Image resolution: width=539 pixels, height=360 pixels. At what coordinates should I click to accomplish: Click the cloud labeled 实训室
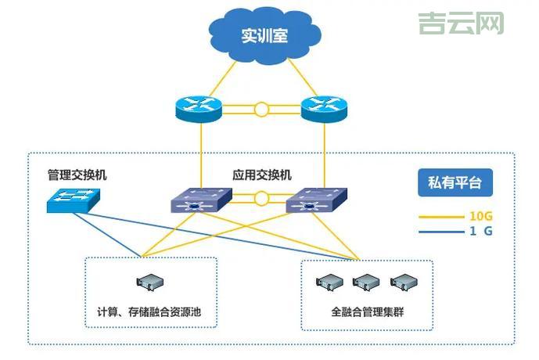click(264, 37)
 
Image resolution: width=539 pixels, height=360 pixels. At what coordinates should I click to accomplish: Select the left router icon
click(199, 109)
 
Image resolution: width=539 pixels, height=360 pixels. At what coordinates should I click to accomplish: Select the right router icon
click(322, 109)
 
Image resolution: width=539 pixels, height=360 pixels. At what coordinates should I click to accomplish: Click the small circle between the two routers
click(261, 110)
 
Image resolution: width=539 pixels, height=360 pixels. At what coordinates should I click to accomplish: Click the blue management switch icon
click(74, 201)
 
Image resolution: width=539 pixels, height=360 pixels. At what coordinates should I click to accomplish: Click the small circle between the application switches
click(261, 199)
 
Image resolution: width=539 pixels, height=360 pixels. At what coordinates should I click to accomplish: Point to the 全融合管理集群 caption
click(367, 312)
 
